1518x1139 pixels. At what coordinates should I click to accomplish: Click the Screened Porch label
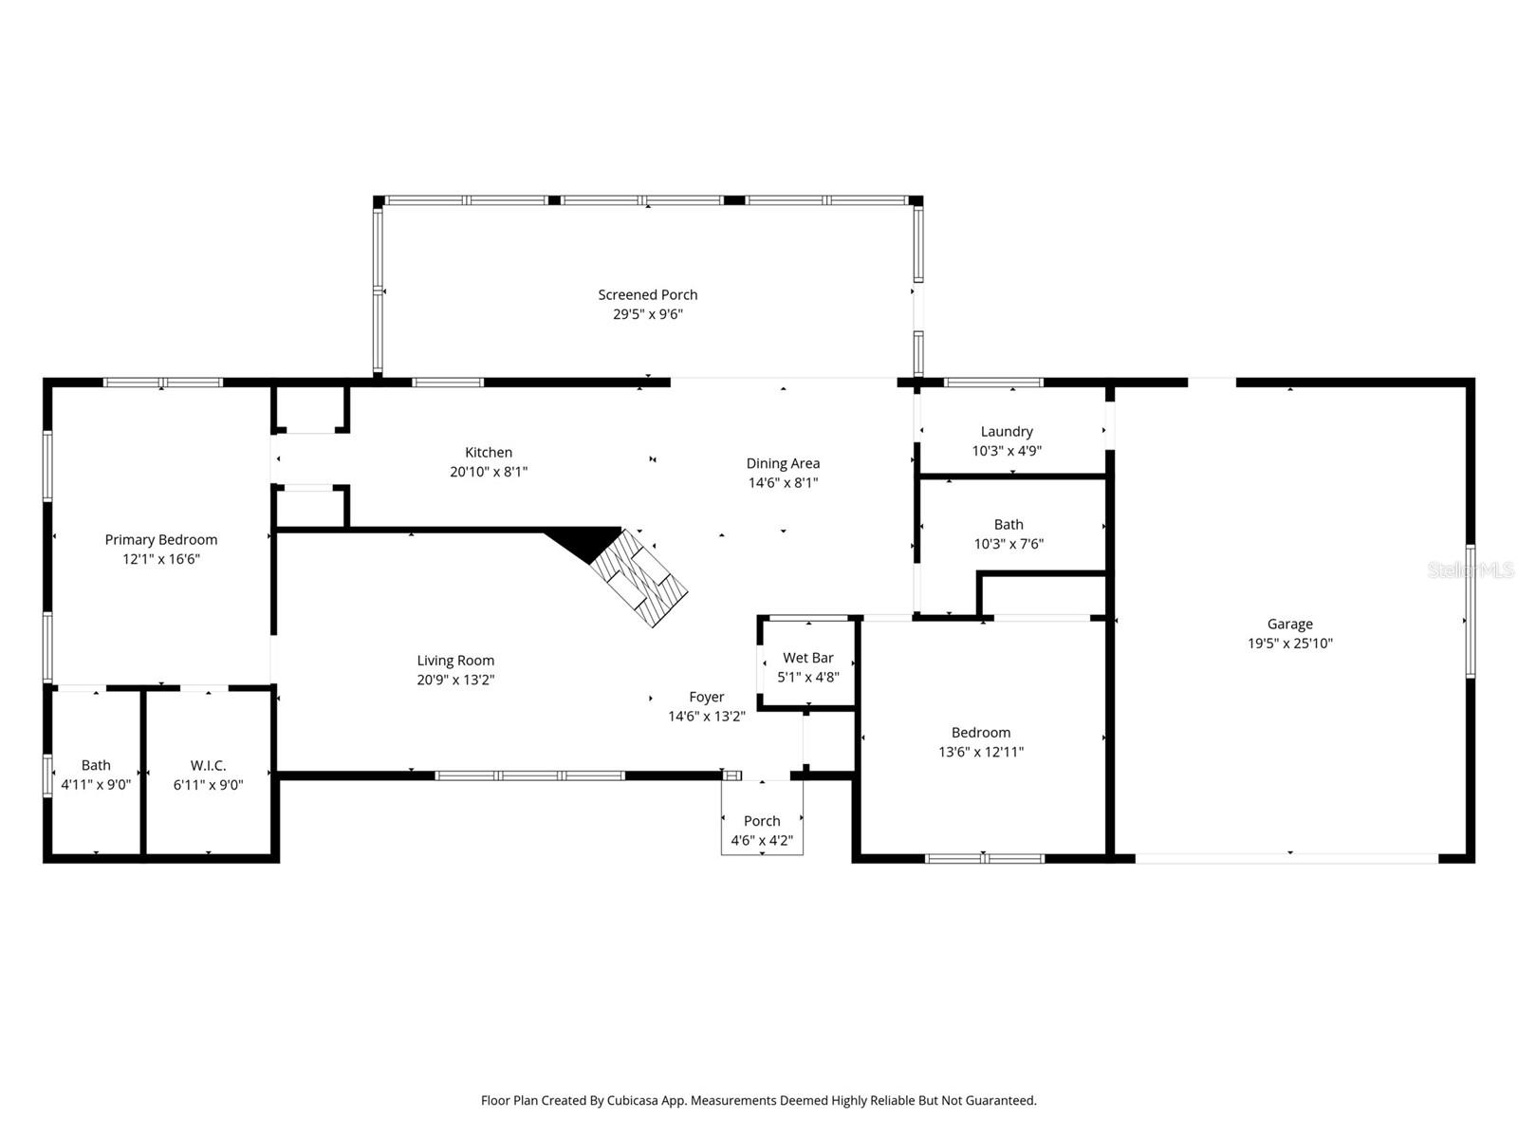pos(647,295)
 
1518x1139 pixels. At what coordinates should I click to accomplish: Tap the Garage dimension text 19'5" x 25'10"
pos(1289,644)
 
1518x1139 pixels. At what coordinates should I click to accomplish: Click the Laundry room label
pos(1007,432)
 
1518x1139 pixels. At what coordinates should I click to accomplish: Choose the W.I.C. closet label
pos(208,765)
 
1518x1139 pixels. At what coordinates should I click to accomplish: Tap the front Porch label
pos(762,821)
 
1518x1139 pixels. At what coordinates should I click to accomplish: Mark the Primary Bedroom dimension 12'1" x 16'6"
pos(161,559)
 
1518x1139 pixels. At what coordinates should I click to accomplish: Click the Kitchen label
pos(489,453)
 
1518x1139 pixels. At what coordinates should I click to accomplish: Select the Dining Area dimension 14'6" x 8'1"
pos(783,483)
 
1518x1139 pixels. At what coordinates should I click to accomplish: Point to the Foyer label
pos(706,697)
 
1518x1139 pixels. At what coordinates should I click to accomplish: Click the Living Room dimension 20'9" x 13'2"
pos(455,681)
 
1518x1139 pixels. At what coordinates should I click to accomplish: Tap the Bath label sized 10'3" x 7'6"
pos(1009,525)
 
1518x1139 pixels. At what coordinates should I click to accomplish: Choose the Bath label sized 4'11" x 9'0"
pos(96,765)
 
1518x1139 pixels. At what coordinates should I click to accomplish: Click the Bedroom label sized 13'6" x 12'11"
pos(981,733)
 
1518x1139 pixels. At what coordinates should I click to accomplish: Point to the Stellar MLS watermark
pos(1472,569)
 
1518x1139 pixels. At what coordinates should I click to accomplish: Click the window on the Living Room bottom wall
pos(529,775)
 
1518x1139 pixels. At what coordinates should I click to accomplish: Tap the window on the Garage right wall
pos(1470,611)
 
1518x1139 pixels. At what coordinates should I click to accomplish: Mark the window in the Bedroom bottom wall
pos(985,859)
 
